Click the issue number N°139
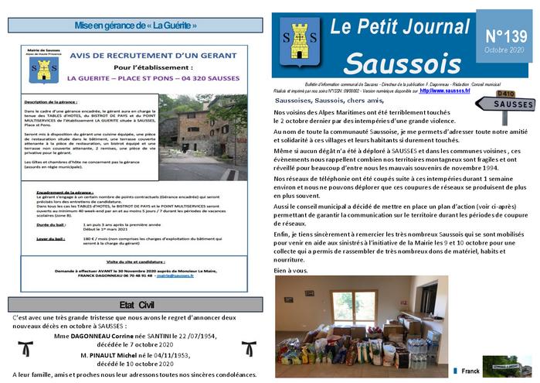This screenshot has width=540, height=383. coord(506,36)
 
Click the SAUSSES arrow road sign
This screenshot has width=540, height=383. coord(512,104)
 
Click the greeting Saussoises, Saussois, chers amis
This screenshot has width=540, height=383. coord(329,101)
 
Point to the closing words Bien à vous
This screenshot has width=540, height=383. coord(290,270)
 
